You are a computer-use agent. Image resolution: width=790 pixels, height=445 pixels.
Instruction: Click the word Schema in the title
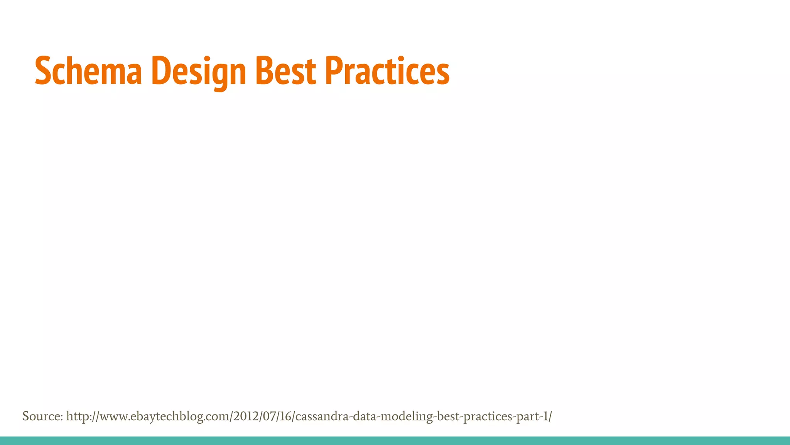[88, 71]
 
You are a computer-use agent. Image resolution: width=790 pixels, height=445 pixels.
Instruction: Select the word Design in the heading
[199, 72]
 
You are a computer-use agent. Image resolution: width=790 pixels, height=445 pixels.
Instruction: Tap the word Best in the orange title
[286, 71]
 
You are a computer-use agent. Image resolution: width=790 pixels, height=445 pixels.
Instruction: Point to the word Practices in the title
[387, 71]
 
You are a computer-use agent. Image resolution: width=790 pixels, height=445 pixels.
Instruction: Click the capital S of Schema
[43, 71]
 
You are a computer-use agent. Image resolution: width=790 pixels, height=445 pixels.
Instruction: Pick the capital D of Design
[161, 71]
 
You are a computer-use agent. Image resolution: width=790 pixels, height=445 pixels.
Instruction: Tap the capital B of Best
[265, 71]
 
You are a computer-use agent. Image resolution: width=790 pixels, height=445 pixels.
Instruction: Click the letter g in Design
[220, 75]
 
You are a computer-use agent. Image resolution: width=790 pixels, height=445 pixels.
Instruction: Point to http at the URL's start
[78, 416]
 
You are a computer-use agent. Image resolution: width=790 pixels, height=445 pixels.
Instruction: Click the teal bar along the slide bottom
[395, 441]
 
